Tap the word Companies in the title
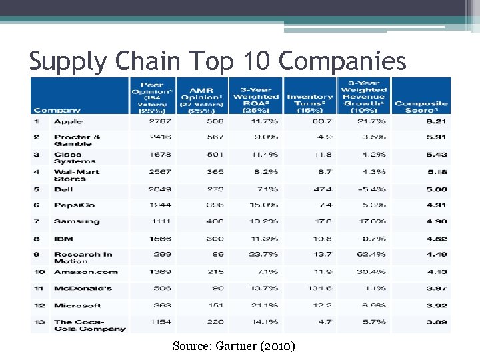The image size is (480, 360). pyautogui.click(x=342, y=61)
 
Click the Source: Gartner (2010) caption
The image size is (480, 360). pyautogui.click(x=233, y=346)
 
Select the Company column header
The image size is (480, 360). pyautogui.click(x=57, y=110)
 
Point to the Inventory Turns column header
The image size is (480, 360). pyautogui.click(x=310, y=100)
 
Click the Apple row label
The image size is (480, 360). pyautogui.click(x=68, y=121)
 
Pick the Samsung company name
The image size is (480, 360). pyautogui.click(x=77, y=221)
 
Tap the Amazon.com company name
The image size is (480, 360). pyautogui.click(x=86, y=272)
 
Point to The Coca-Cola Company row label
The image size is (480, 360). pyautogui.click(x=89, y=325)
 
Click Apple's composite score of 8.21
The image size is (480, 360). pyautogui.click(x=437, y=122)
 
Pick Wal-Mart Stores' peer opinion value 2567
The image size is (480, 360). pyautogui.click(x=159, y=172)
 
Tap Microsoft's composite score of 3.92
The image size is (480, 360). pyautogui.click(x=437, y=306)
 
